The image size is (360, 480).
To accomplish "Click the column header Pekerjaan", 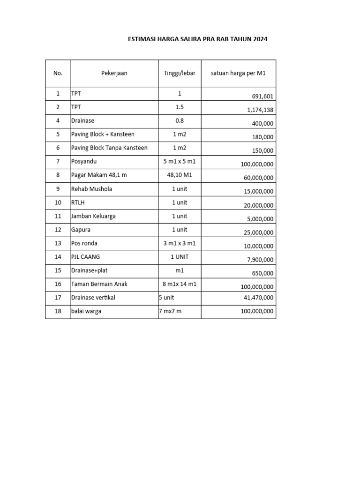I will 114,73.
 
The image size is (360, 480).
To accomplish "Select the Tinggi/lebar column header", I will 180,73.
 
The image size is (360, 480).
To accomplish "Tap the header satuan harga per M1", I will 238,73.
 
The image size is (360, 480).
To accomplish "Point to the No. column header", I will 58,73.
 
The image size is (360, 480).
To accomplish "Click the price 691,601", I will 262,97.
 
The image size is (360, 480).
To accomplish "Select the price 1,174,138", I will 260,110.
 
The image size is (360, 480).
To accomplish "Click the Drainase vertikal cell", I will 93,298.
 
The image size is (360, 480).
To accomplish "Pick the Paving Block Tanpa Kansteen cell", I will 109,148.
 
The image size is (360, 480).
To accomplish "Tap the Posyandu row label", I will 85,162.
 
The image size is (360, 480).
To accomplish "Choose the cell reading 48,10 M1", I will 180,175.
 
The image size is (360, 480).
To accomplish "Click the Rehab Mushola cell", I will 91,189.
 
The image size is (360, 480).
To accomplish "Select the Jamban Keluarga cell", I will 93,216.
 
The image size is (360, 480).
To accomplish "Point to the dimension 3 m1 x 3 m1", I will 180,243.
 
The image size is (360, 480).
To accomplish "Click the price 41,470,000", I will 257,298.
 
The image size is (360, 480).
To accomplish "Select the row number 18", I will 58,311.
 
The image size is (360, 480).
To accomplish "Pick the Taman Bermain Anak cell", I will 99,284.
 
